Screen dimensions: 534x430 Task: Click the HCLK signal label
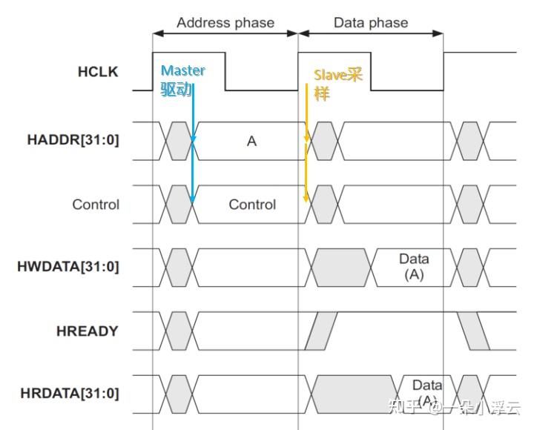pos(98,72)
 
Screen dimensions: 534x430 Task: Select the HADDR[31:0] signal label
pos(73,140)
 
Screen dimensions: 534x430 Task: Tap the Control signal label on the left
pos(96,205)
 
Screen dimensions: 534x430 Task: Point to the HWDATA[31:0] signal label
pos(68,267)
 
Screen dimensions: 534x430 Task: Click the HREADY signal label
pos(88,331)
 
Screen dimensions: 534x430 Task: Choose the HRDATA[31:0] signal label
pos(70,393)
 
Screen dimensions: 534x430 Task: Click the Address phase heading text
pos(225,23)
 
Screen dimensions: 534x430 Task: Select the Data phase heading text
pos(371,23)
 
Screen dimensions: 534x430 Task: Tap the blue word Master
pos(183,70)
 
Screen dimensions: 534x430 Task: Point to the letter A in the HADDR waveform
pos(251,141)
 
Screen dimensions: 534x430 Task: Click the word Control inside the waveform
pos(252,205)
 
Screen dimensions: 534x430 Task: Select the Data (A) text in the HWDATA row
pos(414,267)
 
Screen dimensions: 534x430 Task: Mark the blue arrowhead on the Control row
pos(192,199)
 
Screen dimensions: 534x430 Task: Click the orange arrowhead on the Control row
pos(306,198)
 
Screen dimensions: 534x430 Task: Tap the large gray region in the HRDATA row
pos(355,394)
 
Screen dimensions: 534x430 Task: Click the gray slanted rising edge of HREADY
pos(321,331)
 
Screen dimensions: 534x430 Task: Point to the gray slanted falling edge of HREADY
pos(473,331)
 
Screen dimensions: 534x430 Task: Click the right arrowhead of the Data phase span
pos(438,33)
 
